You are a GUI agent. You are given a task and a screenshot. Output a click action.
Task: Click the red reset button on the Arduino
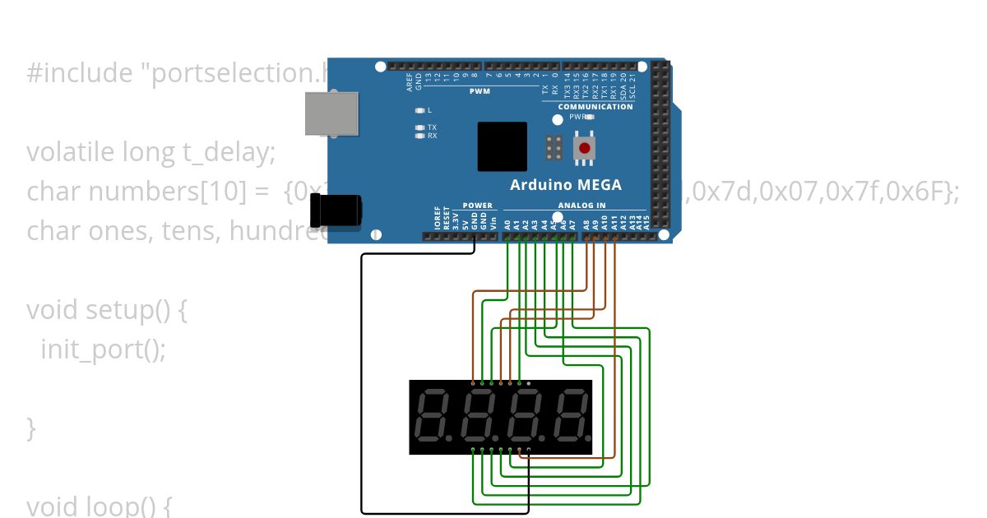coord(585,148)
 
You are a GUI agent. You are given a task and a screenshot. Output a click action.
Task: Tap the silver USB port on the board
coord(331,113)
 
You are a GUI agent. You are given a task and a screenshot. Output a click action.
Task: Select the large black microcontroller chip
coord(502,146)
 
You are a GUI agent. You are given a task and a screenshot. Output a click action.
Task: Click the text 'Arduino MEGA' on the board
coord(566,185)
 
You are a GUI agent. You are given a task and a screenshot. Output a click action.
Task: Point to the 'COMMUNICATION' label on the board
coord(595,107)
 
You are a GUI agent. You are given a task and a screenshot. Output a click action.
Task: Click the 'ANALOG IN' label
coord(582,206)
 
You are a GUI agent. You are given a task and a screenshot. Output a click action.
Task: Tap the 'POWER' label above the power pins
coord(477,206)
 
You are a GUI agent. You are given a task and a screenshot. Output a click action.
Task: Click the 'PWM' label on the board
coord(480,91)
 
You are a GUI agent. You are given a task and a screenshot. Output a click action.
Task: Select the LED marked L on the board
coord(420,110)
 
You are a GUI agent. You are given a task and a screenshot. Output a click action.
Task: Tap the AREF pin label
coord(409,81)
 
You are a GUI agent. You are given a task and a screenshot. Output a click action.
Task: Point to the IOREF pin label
coord(437,218)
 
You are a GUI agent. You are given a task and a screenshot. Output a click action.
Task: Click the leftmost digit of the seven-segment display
coord(433,415)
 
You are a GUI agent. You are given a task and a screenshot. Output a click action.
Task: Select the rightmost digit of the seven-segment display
coord(569,415)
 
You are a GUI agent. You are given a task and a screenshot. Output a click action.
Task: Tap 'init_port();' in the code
coord(103,349)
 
